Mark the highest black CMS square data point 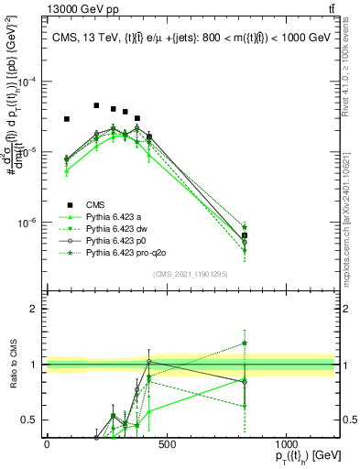[96, 105]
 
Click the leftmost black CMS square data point [66, 119]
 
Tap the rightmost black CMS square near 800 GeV [245, 235]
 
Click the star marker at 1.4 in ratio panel [245, 344]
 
